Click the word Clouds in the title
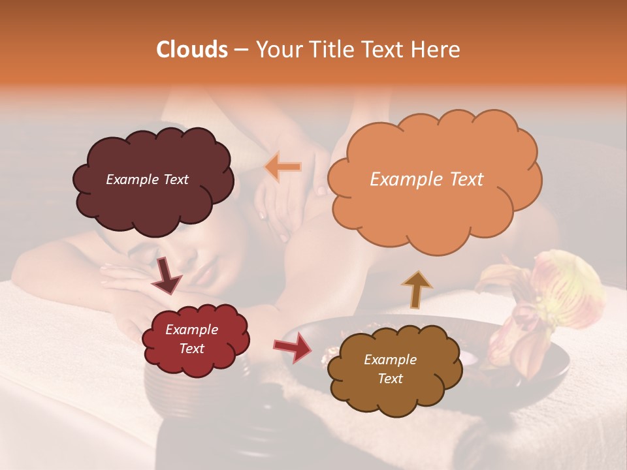click(191, 50)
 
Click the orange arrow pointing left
click(283, 168)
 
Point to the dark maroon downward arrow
click(167, 276)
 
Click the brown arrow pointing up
click(416, 289)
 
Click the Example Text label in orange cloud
click(426, 180)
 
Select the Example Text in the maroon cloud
click(147, 180)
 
